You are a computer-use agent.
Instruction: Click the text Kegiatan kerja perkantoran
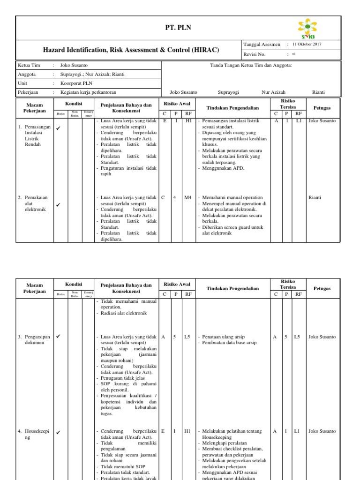[88, 92]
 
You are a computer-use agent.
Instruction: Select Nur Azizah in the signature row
[273, 92]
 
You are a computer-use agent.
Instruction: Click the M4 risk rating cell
[188, 197]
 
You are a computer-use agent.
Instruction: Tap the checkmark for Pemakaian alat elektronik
[59, 204]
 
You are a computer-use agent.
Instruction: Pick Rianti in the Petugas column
[315, 197]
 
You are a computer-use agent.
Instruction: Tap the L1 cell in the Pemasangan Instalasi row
[299, 121]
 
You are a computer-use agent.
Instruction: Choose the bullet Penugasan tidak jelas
[123, 378]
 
